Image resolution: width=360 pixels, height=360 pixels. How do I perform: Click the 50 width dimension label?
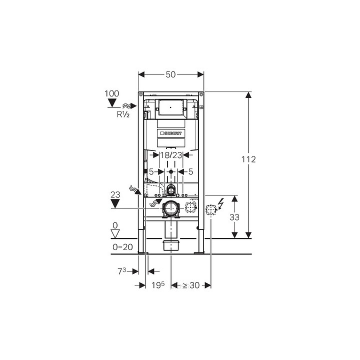point(170,74)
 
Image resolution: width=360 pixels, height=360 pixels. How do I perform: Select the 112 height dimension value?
point(248,159)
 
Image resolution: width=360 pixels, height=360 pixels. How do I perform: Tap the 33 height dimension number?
point(234,217)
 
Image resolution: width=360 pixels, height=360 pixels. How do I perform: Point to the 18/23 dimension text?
point(171,155)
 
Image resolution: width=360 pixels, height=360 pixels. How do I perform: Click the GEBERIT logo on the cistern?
point(171,133)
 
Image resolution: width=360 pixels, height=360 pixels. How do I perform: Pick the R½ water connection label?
point(123,114)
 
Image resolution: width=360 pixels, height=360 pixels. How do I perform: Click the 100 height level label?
point(112,93)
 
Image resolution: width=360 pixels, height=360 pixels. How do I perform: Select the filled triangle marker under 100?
point(112,103)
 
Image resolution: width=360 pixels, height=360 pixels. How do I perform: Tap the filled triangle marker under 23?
point(115,203)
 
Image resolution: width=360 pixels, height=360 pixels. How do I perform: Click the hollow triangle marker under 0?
point(115,233)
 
